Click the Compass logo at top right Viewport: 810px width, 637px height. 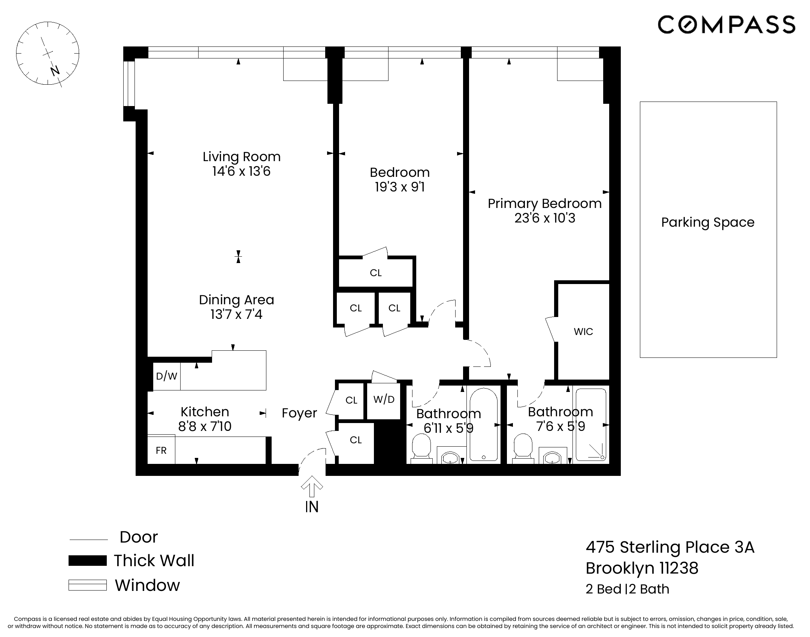(x=726, y=24)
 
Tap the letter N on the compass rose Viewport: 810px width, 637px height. (x=55, y=70)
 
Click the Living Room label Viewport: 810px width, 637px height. (x=242, y=157)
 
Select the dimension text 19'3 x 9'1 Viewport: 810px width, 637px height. (x=400, y=187)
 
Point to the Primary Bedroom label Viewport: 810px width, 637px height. (x=545, y=203)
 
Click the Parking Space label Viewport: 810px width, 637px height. (x=708, y=222)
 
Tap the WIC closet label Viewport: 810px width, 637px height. (x=583, y=332)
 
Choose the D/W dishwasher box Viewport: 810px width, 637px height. (x=167, y=376)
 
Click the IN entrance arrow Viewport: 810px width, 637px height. (x=312, y=486)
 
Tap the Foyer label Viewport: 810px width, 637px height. (x=299, y=413)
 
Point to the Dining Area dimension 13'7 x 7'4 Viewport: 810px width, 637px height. (x=236, y=314)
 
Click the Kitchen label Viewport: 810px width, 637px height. (x=205, y=412)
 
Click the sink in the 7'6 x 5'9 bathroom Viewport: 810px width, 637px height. (x=553, y=457)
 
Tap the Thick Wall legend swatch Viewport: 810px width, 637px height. (x=88, y=561)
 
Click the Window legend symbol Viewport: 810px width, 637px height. (x=88, y=585)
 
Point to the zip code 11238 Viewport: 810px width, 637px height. (x=679, y=568)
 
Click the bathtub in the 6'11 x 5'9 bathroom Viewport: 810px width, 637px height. (x=483, y=425)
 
